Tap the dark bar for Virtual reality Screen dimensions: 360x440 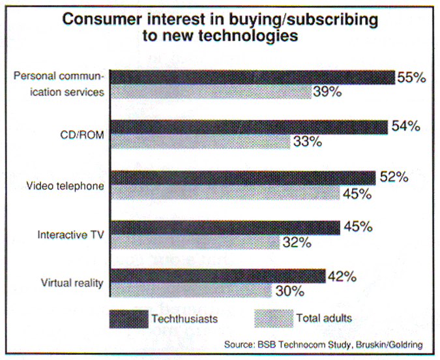(218, 276)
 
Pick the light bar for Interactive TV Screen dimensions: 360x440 (195, 243)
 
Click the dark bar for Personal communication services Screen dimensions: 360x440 (253, 76)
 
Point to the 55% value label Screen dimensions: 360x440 (412, 77)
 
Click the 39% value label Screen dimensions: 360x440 (327, 92)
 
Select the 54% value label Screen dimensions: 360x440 (405, 127)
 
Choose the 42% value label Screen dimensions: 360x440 (342, 276)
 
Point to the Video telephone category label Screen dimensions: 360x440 (65, 186)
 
